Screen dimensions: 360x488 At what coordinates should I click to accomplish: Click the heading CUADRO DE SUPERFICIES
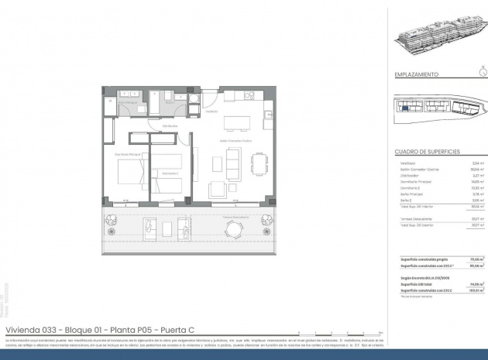(428, 152)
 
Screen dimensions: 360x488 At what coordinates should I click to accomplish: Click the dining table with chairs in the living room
(258, 163)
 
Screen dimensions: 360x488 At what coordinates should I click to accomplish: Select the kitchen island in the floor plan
(238, 124)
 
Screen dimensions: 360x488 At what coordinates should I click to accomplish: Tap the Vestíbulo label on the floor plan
(211, 111)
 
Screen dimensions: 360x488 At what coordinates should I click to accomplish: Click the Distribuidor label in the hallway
(171, 126)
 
